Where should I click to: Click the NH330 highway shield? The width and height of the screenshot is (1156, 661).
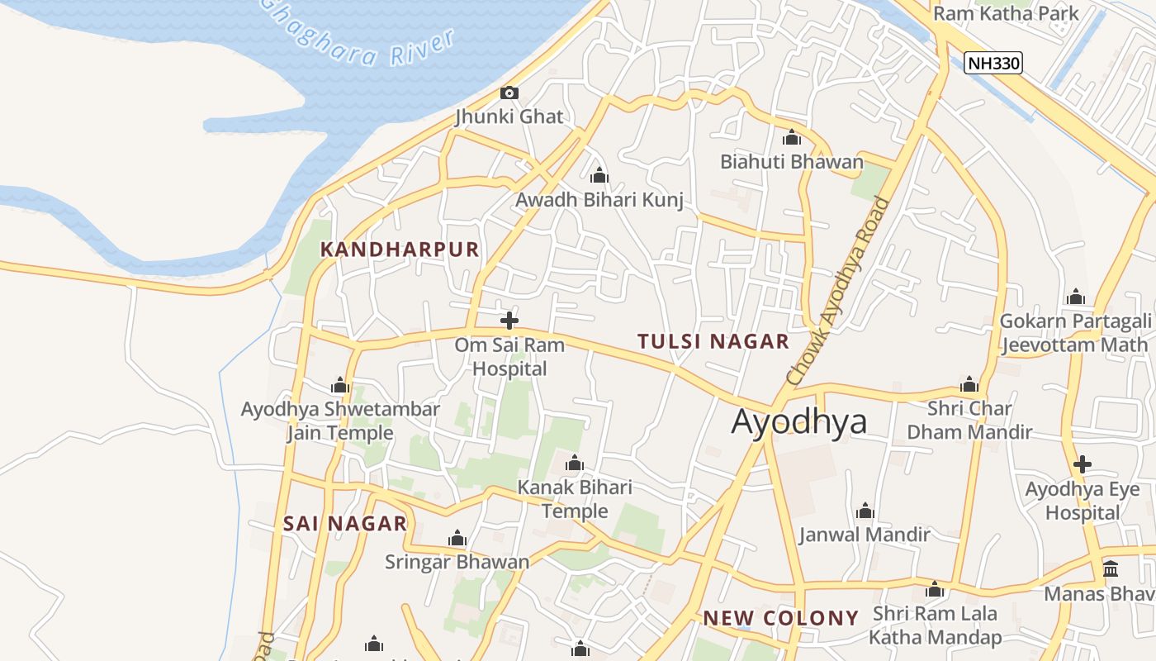click(993, 62)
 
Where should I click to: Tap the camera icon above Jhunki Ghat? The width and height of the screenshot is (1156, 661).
click(509, 93)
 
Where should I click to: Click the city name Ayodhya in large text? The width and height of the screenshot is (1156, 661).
click(799, 421)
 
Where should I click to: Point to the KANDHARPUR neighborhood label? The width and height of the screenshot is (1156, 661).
click(400, 250)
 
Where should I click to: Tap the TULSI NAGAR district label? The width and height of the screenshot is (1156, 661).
click(713, 341)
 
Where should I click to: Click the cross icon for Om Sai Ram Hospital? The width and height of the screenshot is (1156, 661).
click(509, 321)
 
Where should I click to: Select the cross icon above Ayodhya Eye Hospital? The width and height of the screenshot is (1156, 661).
click(1082, 464)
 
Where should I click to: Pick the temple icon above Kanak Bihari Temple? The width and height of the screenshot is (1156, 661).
click(575, 464)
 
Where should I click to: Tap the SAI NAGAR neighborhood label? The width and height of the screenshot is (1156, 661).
click(345, 523)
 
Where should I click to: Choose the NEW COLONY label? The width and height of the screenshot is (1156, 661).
click(780, 618)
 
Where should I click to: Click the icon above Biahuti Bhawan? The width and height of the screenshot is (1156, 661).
click(792, 137)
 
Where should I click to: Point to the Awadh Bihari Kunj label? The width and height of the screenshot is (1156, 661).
click(599, 200)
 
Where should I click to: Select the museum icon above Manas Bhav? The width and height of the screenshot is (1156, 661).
click(1111, 569)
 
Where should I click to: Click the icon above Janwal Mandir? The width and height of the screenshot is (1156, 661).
click(865, 511)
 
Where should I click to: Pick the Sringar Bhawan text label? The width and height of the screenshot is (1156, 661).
click(457, 562)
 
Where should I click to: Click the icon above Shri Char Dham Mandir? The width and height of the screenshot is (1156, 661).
click(969, 384)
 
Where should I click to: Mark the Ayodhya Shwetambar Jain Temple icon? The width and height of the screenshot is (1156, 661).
click(340, 385)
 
